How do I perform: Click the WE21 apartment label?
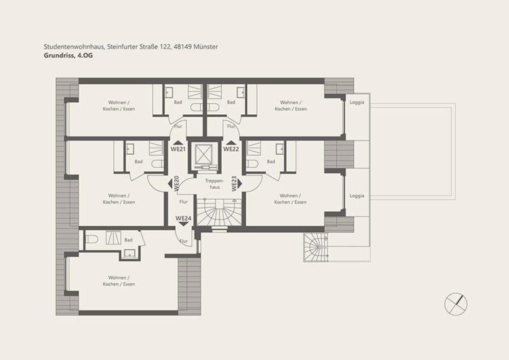pyautogui.click(x=178, y=149)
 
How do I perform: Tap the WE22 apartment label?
pyautogui.click(x=231, y=149)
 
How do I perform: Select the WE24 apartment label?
pyautogui.click(x=183, y=218)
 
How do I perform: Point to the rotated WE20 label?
pyautogui.click(x=176, y=184)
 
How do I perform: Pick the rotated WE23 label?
pyautogui.click(x=234, y=184)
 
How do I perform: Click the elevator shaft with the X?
pyautogui.click(x=204, y=154)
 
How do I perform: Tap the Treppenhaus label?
pyautogui.click(x=214, y=184)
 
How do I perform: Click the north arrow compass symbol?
pyautogui.click(x=456, y=304)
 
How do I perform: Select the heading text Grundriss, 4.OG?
pyautogui.click(x=68, y=56)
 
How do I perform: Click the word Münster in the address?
pyautogui.click(x=206, y=46)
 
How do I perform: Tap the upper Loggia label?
pyautogui.click(x=357, y=102)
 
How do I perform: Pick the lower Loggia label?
pyautogui.click(x=357, y=196)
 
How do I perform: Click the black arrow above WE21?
pyautogui.click(x=178, y=143)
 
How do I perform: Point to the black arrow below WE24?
pyautogui.click(x=184, y=224)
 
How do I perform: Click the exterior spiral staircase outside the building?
pyautogui.click(x=316, y=247)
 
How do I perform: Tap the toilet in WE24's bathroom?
pyautogui.click(x=92, y=239)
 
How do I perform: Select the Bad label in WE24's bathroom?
pyautogui.click(x=128, y=240)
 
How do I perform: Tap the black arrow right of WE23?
pyautogui.click(x=240, y=184)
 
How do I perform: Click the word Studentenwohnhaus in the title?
pyautogui.click(x=74, y=46)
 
